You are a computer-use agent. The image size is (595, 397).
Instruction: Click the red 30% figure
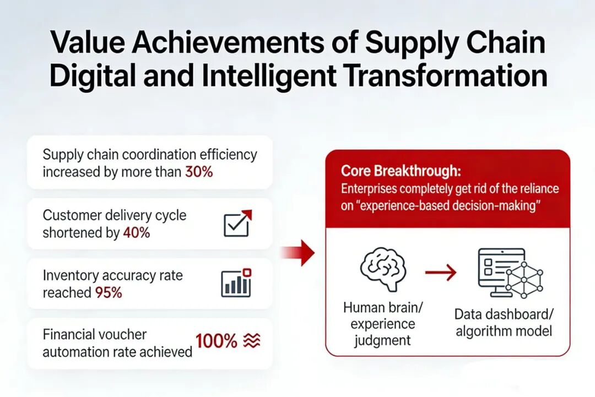point(199,172)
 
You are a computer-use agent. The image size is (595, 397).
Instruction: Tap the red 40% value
point(137,232)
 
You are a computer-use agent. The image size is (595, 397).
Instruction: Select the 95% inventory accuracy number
point(109,292)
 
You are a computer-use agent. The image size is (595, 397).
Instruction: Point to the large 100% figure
point(217,341)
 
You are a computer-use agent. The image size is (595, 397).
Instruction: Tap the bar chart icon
point(236,283)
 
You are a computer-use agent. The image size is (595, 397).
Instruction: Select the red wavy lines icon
point(252,340)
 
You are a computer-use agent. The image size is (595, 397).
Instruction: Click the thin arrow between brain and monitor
point(441,272)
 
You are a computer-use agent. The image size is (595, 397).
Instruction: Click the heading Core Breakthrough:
point(401,171)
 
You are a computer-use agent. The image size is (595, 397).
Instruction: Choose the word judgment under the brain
point(382,341)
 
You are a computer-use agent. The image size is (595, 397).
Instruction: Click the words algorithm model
point(504,331)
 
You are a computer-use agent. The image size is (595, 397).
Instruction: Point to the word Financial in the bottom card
point(68,334)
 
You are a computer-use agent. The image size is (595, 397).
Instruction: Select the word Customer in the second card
point(71,215)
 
